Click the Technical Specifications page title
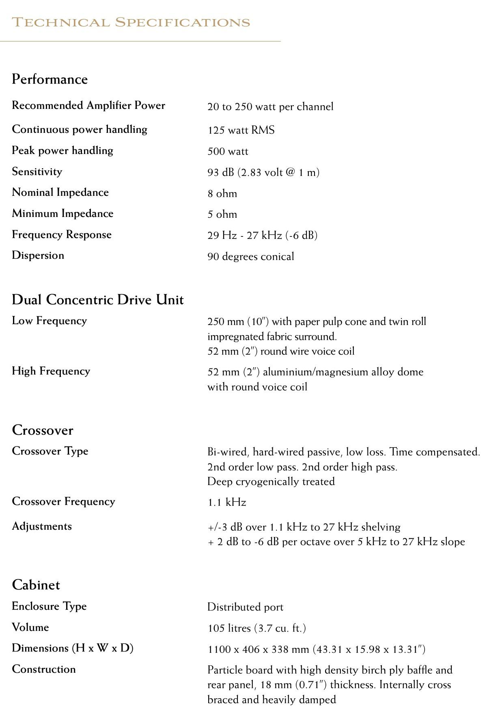[131, 22]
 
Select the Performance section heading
[50, 79]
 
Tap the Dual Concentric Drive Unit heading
[97, 300]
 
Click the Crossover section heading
[43, 430]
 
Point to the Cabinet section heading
[36, 585]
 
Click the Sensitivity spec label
[37, 171]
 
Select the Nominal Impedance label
[60, 192]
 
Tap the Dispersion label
[38, 255]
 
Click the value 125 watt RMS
[241, 130]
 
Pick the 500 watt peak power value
[228, 152]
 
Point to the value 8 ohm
[222, 193]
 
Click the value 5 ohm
[222, 214]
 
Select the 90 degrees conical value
[250, 256]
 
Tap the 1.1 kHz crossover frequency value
[226, 502]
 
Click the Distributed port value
[245, 607]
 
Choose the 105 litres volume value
[256, 628]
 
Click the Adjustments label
[41, 526]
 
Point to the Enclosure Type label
[49, 606]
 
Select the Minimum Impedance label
[62, 213]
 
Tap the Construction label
[43, 669]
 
